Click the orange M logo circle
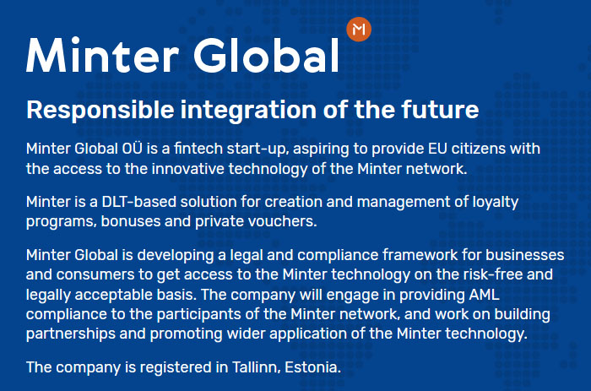click(359, 29)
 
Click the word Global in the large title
click(266, 56)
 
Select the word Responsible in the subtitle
click(100, 111)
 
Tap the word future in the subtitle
click(440, 109)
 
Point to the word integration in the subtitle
click(249, 111)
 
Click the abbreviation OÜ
click(133, 148)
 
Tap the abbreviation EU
click(437, 149)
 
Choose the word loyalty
click(496, 203)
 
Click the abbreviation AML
click(485, 295)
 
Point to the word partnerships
click(65, 334)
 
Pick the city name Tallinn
click(256, 367)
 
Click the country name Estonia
click(312, 367)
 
